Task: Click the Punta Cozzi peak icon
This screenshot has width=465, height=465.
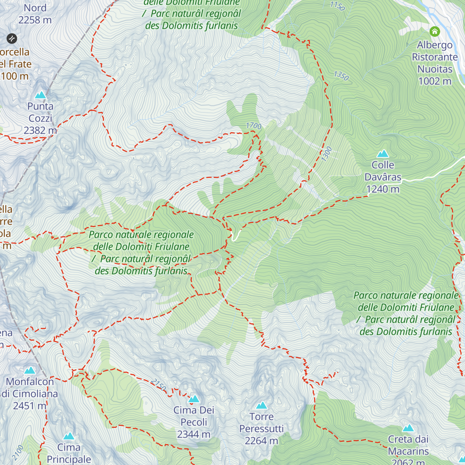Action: (x=40, y=95)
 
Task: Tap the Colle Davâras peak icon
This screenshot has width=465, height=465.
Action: (x=383, y=154)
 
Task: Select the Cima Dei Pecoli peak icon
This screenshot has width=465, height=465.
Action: (x=194, y=399)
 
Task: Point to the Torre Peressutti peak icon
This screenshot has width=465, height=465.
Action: (x=262, y=405)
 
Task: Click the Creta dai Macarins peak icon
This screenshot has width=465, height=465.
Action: (x=408, y=428)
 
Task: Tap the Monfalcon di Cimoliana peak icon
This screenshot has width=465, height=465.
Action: (x=30, y=370)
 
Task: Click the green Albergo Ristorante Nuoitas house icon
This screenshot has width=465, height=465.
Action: (x=435, y=31)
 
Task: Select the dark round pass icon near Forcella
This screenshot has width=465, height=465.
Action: (x=12, y=38)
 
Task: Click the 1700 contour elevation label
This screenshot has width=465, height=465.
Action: (x=254, y=126)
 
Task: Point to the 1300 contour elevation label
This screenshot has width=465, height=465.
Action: (x=327, y=154)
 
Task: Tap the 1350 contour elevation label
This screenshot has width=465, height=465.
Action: (x=341, y=76)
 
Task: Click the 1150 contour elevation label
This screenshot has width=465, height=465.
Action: (x=337, y=6)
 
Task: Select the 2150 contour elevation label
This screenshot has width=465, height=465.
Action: (x=158, y=385)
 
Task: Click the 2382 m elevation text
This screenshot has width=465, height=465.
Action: (x=40, y=131)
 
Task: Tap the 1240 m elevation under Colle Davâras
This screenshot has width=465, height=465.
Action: (x=383, y=189)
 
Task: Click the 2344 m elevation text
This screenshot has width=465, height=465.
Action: (x=194, y=434)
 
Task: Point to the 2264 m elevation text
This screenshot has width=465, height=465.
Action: (x=262, y=441)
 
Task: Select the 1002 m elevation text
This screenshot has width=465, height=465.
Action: (x=435, y=81)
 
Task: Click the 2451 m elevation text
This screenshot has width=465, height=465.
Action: (x=29, y=406)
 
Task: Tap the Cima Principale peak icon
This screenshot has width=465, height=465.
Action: (x=69, y=436)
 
